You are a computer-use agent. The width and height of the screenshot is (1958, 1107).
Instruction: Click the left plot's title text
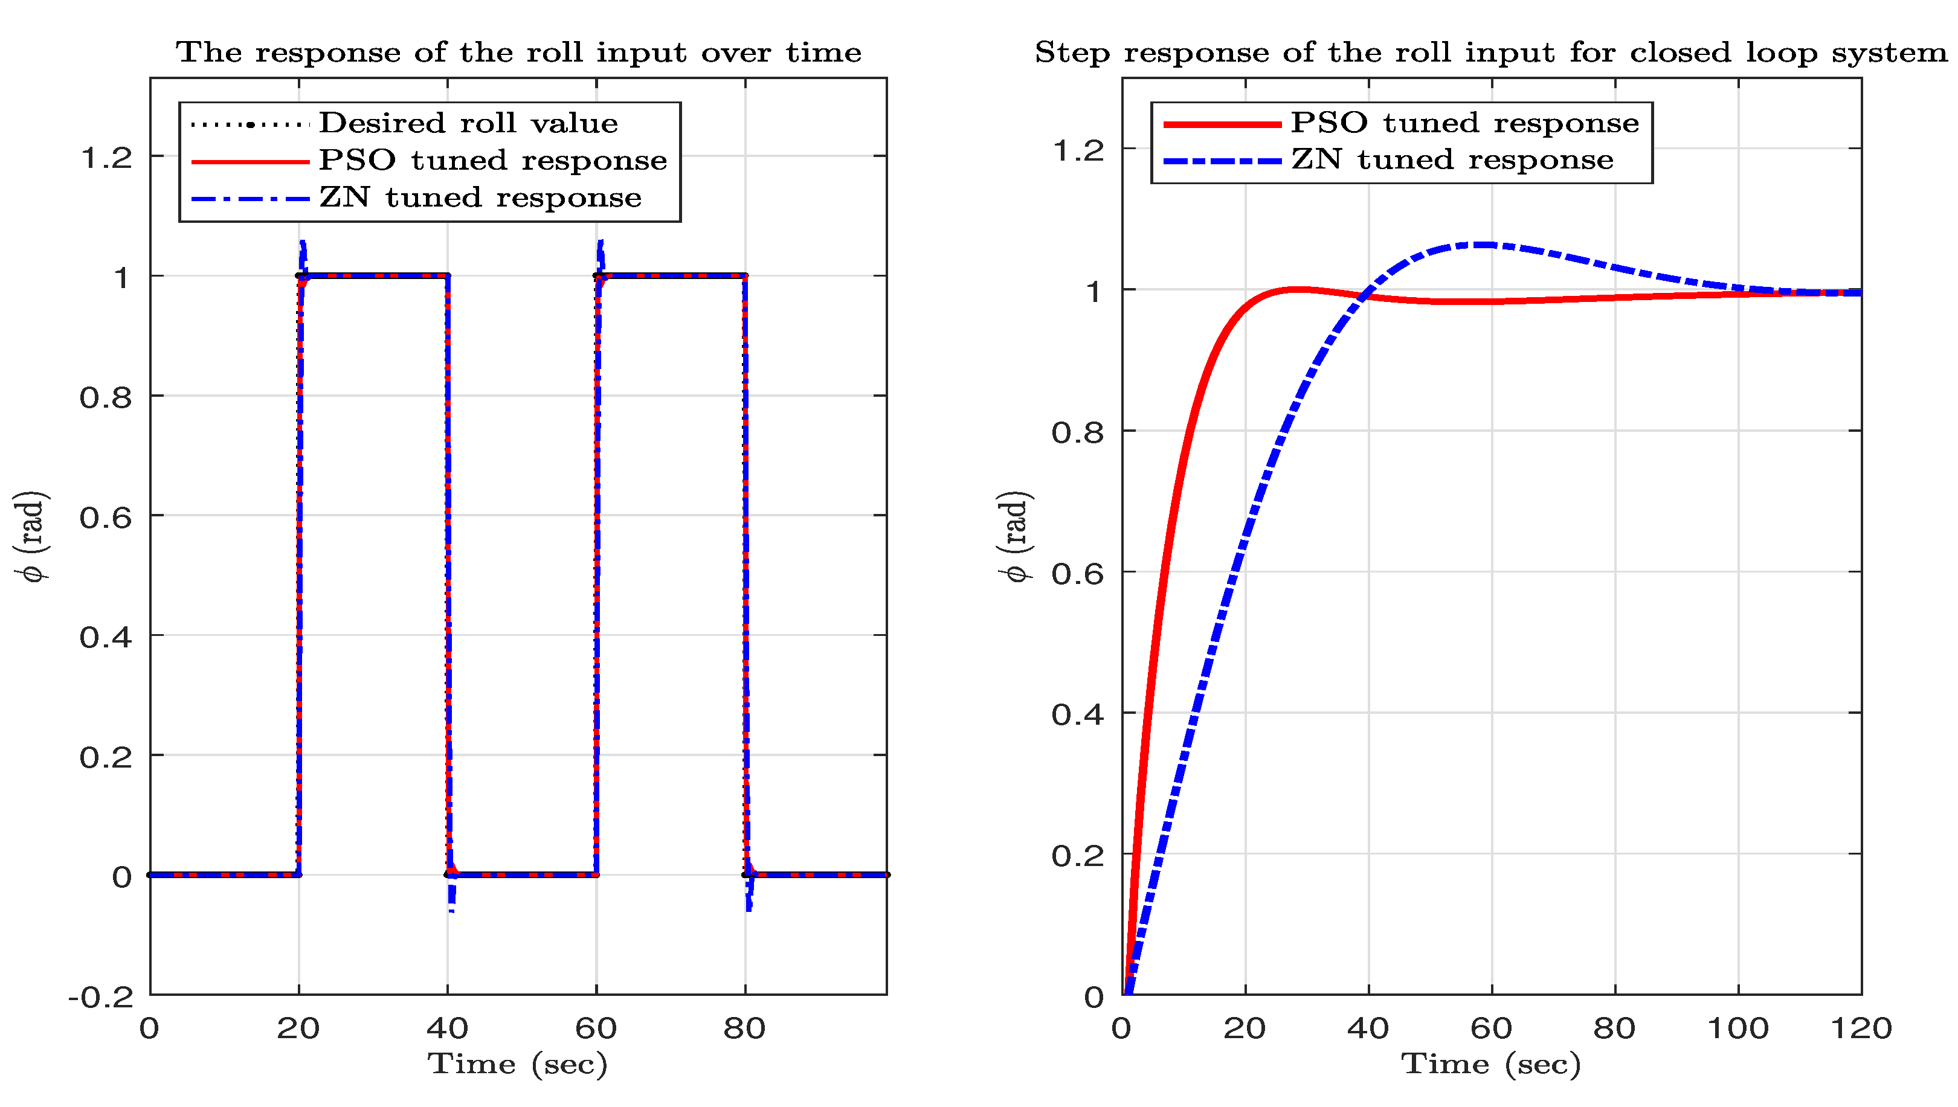(x=518, y=53)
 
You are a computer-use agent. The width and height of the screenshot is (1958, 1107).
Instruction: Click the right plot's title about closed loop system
(x=1490, y=53)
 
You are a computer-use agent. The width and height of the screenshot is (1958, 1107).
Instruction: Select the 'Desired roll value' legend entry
(x=468, y=123)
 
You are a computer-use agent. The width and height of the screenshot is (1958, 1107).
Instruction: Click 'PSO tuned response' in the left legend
(x=492, y=161)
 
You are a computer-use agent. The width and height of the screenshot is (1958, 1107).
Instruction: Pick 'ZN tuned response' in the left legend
(x=480, y=197)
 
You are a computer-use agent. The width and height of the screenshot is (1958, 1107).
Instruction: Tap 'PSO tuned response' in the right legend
(x=1464, y=123)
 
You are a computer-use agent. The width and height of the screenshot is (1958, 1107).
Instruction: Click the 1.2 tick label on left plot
(x=106, y=158)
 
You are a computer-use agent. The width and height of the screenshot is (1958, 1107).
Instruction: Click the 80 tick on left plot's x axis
(x=744, y=1028)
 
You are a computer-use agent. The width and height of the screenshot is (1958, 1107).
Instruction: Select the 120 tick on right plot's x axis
(x=1860, y=1028)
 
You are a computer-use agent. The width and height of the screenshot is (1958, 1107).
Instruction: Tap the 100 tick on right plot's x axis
(x=1737, y=1028)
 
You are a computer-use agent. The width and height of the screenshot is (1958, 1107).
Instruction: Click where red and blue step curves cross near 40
(x=1367, y=294)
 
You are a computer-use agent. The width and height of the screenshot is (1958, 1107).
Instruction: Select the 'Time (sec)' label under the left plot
(x=517, y=1064)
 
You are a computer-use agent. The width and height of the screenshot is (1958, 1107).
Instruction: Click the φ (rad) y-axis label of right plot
(x=1016, y=536)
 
